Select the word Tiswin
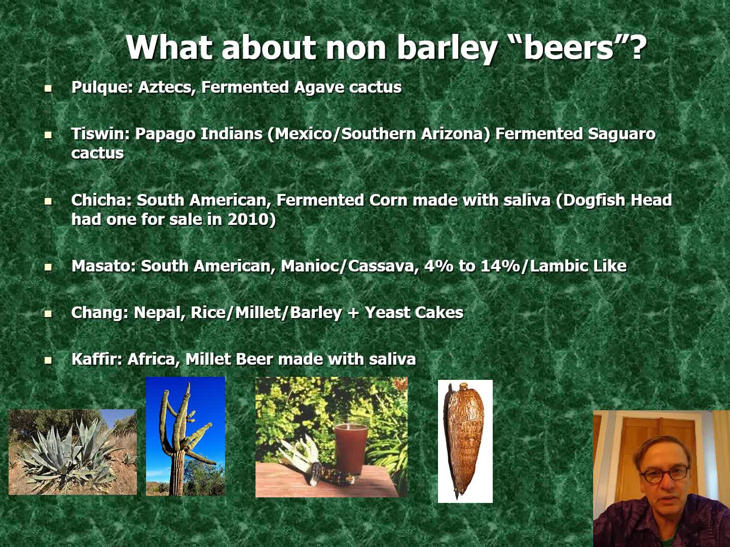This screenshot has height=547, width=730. click(x=100, y=134)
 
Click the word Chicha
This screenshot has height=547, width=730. click(x=101, y=200)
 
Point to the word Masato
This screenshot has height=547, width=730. click(x=103, y=266)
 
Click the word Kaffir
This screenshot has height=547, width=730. click(x=97, y=359)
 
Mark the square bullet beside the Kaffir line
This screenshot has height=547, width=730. click(x=48, y=360)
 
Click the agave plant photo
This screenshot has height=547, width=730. click(x=72, y=452)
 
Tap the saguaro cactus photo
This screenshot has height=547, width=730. click(x=185, y=436)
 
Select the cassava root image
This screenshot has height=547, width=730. click(x=465, y=441)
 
